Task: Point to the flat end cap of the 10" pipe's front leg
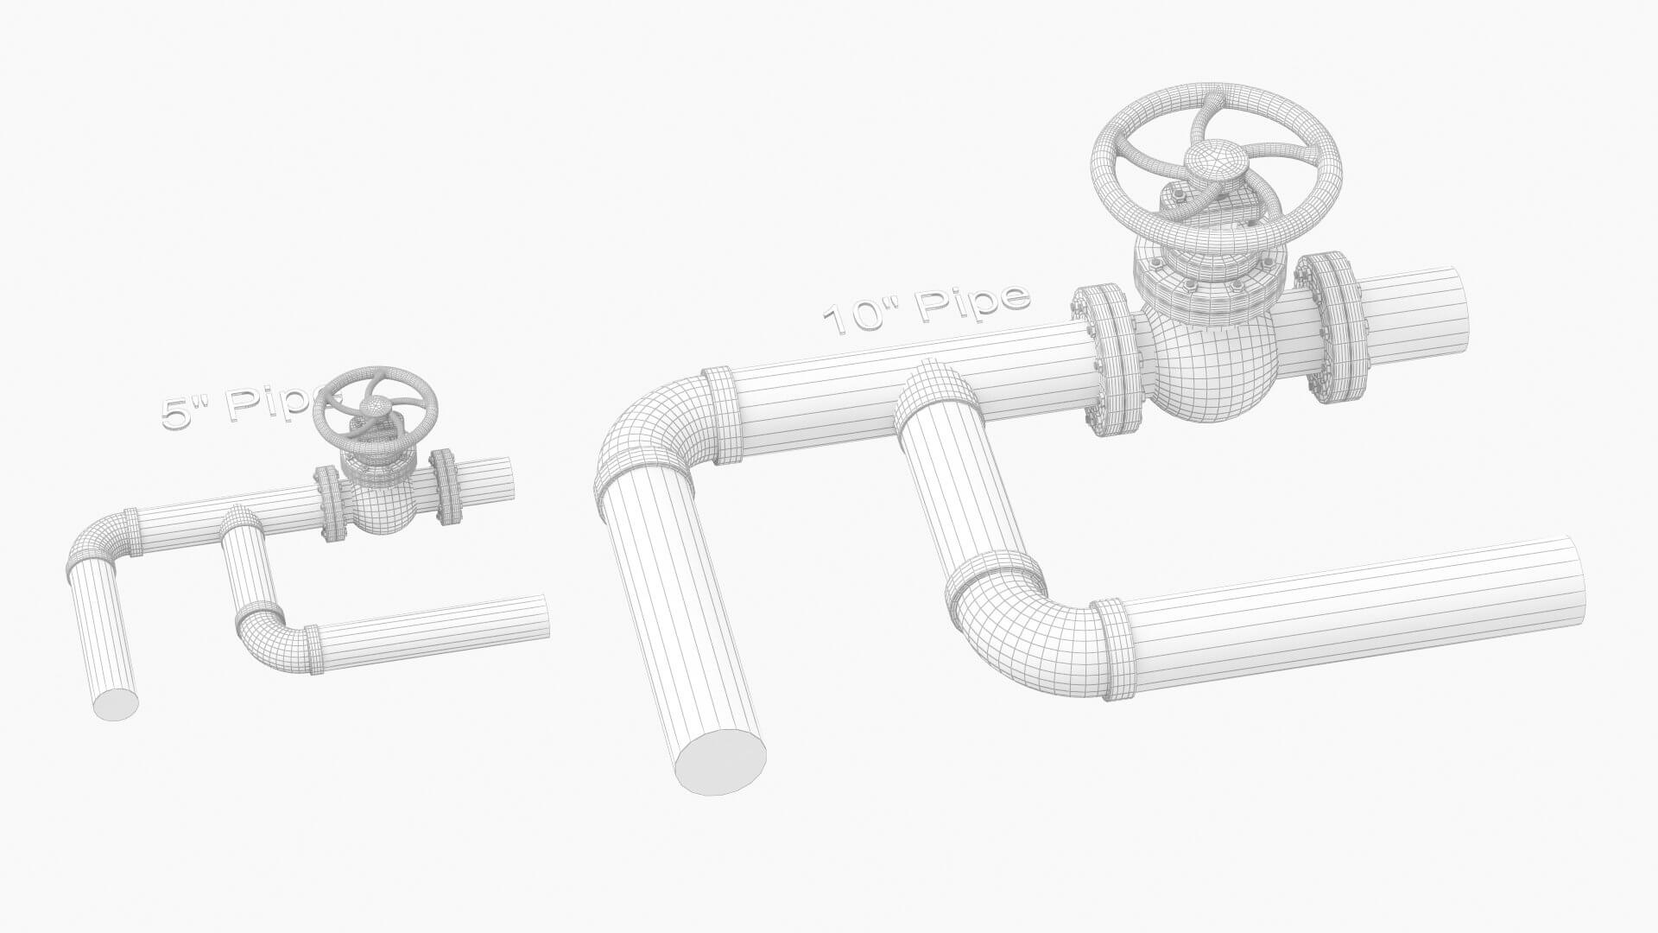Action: (x=720, y=762)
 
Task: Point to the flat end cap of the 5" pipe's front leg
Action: (x=116, y=704)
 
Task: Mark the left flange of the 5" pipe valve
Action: (x=329, y=505)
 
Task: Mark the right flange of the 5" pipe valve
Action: (x=446, y=486)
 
